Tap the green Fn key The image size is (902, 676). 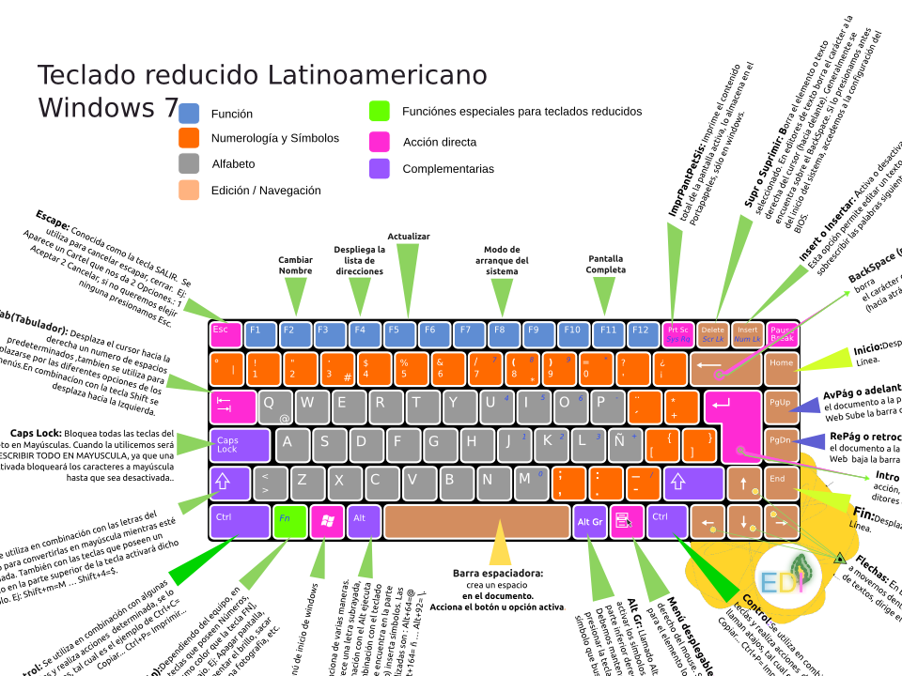[286, 521]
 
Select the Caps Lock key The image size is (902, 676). [239, 445]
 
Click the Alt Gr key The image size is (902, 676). [590, 521]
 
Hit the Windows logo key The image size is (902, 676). [327, 521]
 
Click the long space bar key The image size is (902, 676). [476, 521]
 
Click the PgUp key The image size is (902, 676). [781, 405]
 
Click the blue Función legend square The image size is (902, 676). [189, 114]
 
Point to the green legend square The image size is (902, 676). [380, 111]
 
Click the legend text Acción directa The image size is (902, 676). [440, 143]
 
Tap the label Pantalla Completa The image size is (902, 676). [606, 265]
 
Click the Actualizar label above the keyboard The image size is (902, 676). [409, 237]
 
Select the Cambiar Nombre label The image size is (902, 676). [295, 265]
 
